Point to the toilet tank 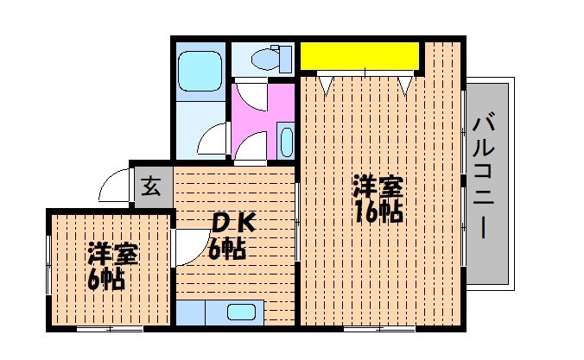(278, 59)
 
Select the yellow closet (359, 57)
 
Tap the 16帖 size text (378, 212)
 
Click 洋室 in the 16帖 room (378, 186)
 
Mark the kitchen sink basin (242, 313)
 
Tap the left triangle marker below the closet (325, 85)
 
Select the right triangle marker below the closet (404, 85)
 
